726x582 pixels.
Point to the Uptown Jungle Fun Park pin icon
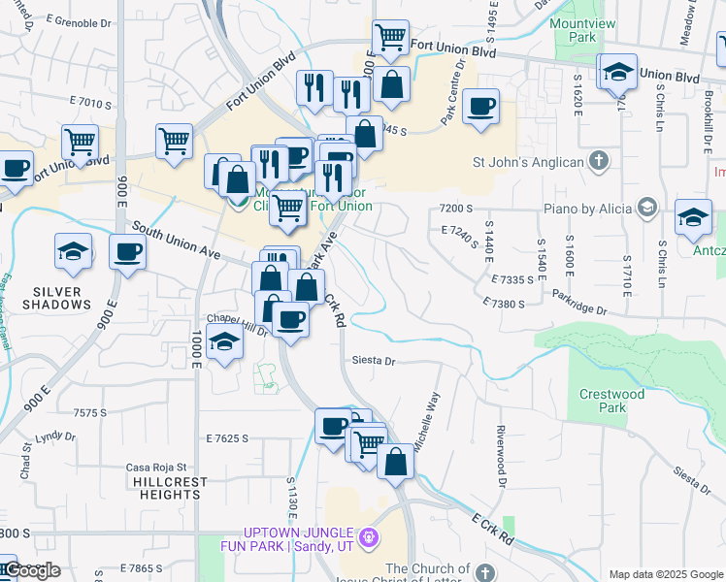368,536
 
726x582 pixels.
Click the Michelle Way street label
427,423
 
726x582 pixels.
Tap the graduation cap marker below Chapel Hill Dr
224,343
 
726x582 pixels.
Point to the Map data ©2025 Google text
666,574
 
